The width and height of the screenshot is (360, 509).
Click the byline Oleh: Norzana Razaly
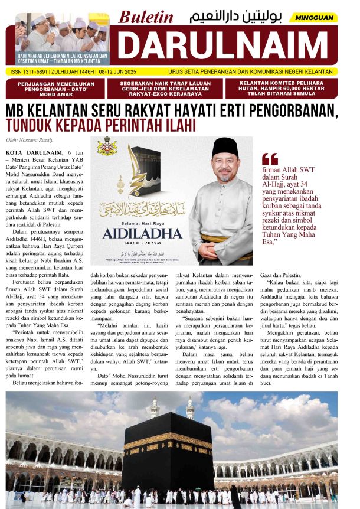click(29, 140)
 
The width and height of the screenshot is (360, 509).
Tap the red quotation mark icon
click(270, 158)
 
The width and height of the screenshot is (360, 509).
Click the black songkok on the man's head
click(225, 148)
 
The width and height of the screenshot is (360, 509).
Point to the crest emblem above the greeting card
click(107, 145)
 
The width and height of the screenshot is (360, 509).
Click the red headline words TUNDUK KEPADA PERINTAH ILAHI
click(100, 125)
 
